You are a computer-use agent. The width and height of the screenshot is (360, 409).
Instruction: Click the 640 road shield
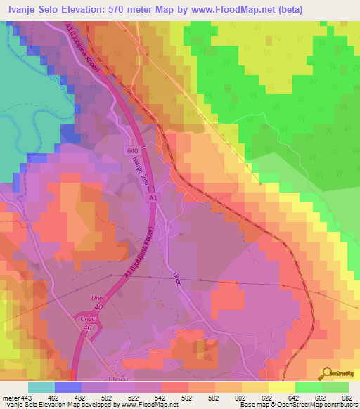[134, 151]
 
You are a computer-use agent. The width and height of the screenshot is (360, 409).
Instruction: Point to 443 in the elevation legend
[27, 397]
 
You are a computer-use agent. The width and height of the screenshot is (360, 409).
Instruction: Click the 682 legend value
[347, 397]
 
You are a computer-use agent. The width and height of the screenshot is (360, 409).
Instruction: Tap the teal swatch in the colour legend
[41, 387]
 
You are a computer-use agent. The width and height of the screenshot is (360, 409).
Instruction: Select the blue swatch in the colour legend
[68, 387]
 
